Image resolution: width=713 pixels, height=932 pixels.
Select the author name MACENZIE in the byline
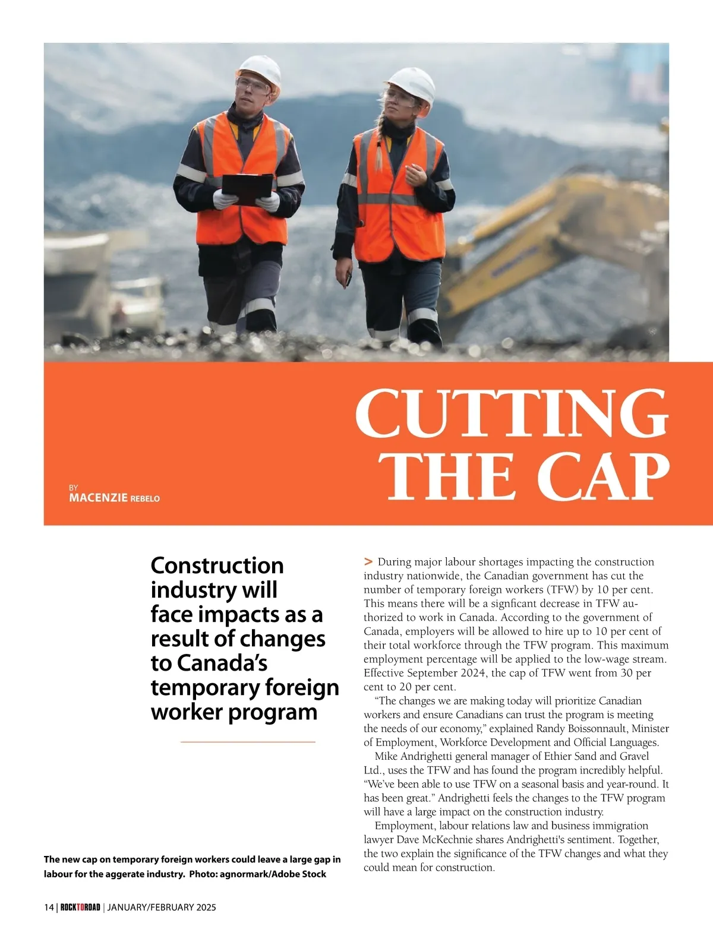click(98, 498)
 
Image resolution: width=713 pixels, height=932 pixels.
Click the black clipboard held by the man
click(247, 188)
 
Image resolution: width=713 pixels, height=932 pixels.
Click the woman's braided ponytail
click(378, 146)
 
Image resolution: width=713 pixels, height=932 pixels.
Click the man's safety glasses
click(252, 85)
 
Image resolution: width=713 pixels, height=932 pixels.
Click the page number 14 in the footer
click(49, 907)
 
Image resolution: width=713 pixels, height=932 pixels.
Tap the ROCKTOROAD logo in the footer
click(80, 907)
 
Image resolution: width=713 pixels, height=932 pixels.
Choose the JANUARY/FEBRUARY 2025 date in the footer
click(162, 907)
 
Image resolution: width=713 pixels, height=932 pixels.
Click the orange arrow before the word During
click(368, 561)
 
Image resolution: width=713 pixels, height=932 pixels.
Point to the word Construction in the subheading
click(217, 565)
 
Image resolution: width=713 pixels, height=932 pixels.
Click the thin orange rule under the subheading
click(247, 742)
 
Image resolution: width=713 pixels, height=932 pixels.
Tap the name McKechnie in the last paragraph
click(450, 839)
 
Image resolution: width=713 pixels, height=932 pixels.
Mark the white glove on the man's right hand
click(224, 199)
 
